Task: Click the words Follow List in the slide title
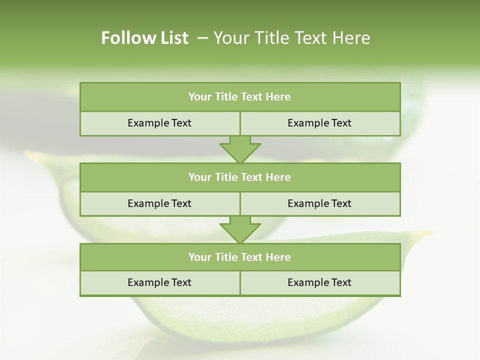[x=144, y=38]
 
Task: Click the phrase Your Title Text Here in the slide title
[x=291, y=38]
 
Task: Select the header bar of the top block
[x=240, y=97]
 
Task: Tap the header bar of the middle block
[x=240, y=177]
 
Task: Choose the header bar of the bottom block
[x=240, y=257]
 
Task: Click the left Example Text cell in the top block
[x=159, y=123]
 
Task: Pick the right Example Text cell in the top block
[x=320, y=123]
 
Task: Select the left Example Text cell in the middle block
[x=159, y=204]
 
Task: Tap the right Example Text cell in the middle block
[x=320, y=204]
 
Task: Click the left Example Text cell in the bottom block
[x=159, y=283]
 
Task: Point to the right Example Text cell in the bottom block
[x=320, y=283]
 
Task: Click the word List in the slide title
[x=173, y=38]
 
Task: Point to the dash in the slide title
[x=202, y=38]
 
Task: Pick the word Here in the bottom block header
[x=278, y=257]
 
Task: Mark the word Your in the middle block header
[x=199, y=177]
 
